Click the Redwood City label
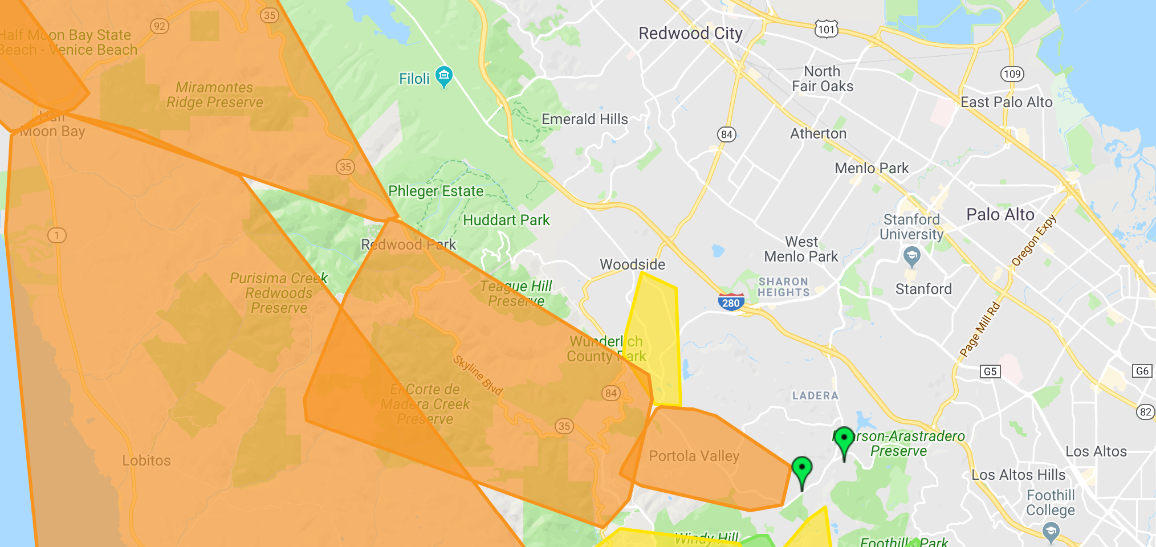pyautogui.click(x=690, y=34)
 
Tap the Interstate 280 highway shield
pyautogui.click(x=730, y=302)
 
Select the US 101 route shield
pyautogui.click(x=826, y=29)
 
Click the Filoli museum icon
pyautogui.click(x=443, y=75)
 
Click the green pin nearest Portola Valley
pyautogui.click(x=802, y=470)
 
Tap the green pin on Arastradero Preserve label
pyautogui.click(x=844, y=440)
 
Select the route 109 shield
pyautogui.click(x=1012, y=74)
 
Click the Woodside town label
pyautogui.click(x=632, y=264)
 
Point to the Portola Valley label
pyautogui.click(x=694, y=456)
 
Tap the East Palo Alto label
pyautogui.click(x=1006, y=103)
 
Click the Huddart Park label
pyautogui.click(x=506, y=221)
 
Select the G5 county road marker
pyautogui.click(x=990, y=372)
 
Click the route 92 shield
pyautogui.click(x=160, y=26)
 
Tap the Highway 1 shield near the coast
pyautogui.click(x=57, y=235)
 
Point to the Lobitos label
pyautogui.click(x=146, y=461)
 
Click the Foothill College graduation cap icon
pyautogui.click(x=1051, y=531)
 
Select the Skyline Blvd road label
pyautogui.click(x=478, y=375)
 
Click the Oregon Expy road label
pyautogui.click(x=1033, y=240)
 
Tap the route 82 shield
pyautogui.click(x=1145, y=412)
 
